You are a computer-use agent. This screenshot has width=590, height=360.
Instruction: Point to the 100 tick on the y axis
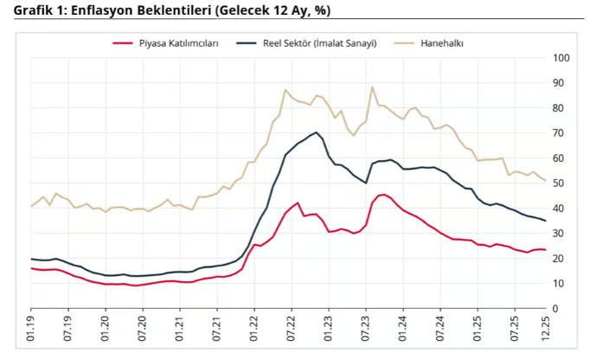[x=561, y=58]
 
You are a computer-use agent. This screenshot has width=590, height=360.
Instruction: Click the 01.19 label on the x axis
[x=31, y=330]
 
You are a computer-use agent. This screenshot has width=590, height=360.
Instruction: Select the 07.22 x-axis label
[x=292, y=330]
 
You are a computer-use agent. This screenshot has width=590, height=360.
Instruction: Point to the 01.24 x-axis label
[x=403, y=330]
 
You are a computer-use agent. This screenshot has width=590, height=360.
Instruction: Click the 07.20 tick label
[x=143, y=330]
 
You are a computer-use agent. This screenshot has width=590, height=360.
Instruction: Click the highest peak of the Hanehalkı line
[x=372, y=87]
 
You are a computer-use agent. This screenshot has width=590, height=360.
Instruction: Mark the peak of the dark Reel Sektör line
[x=317, y=132]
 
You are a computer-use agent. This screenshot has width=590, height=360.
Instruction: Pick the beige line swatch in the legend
[x=404, y=42]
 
